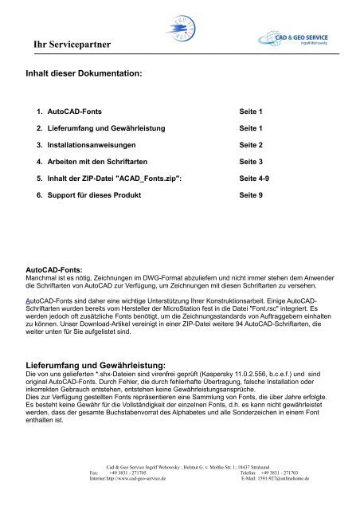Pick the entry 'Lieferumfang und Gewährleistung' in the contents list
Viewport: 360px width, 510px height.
103,127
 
